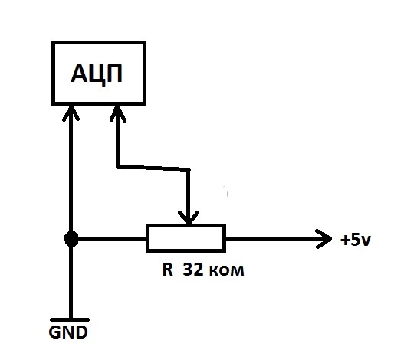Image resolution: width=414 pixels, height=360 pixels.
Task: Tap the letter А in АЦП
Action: click(x=79, y=74)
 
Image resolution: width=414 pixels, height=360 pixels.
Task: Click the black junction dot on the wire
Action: click(x=71, y=239)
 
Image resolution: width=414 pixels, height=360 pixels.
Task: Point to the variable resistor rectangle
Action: click(x=186, y=238)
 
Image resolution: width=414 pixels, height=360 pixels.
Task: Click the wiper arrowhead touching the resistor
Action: click(x=189, y=218)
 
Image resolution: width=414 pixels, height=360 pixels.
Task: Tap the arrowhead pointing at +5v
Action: click(x=324, y=239)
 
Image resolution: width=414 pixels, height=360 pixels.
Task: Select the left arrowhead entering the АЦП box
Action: click(x=71, y=113)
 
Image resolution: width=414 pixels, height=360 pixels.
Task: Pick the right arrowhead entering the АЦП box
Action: click(x=118, y=113)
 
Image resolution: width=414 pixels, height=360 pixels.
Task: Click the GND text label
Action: click(x=68, y=332)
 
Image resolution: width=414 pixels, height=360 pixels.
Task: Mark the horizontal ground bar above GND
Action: click(x=70, y=320)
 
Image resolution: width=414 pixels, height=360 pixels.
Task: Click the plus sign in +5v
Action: click(x=345, y=241)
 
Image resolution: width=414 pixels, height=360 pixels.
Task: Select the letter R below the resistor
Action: click(x=168, y=270)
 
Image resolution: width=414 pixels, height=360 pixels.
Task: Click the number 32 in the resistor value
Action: click(x=193, y=270)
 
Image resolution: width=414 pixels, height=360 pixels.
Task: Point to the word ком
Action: click(x=226, y=271)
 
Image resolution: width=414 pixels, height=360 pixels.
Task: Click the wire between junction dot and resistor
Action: click(x=112, y=239)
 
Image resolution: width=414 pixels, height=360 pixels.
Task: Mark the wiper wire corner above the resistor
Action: click(x=189, y=169)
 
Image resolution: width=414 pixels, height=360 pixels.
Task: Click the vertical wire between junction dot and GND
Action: click(x=71, y=283)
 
